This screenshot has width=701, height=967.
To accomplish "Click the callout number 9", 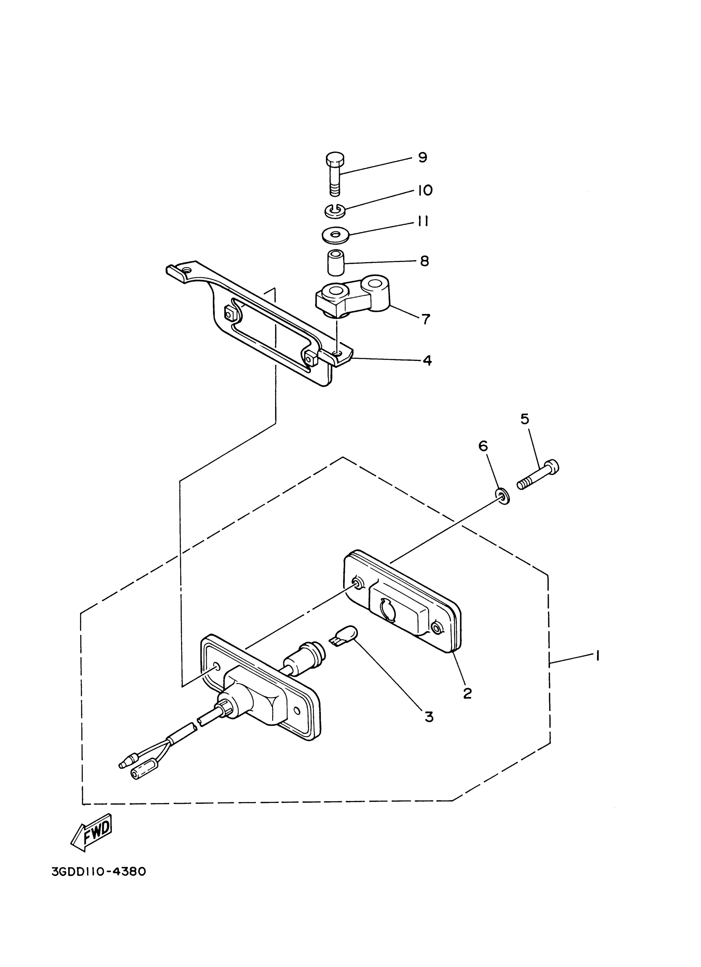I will [x=422, y=158].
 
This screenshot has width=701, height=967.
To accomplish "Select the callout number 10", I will [x=425, y=190].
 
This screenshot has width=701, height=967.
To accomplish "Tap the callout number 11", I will [x=422, y=222].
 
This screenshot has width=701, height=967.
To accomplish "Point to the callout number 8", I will [x=424, y=261].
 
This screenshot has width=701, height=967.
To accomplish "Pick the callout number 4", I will [x=427, y=360].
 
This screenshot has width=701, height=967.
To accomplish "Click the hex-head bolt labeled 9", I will [x=336, y=173].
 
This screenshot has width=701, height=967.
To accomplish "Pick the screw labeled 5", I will [x=538, y=474].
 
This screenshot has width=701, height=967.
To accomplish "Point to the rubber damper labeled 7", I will [x=354, y=298].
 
